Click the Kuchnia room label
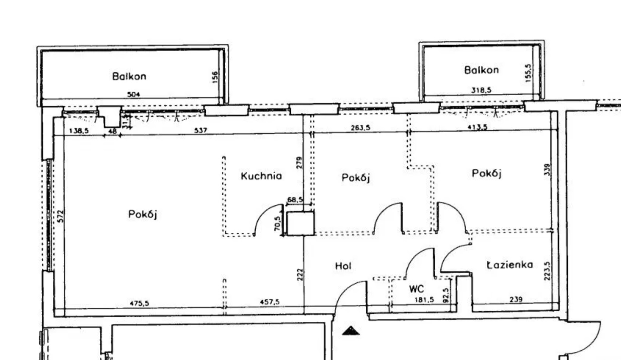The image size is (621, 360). click(261, 176)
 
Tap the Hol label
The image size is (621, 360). click(343, 266)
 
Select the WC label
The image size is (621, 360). click(416, 288)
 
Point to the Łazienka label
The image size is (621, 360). click(510, 265)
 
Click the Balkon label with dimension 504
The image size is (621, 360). click(129, 76)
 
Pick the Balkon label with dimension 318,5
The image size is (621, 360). click(481, 70)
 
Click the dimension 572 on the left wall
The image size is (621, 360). click(60, 216)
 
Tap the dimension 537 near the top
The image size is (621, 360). click(200, 130)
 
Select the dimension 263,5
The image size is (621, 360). click(360, 128)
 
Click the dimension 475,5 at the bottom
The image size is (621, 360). click(139, 303)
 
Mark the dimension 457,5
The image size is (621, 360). click(270, 302)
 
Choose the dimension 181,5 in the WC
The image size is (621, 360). click(424, 300)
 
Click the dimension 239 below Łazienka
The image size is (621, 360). click(516, 299)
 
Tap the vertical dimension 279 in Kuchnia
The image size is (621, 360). click(299, 163)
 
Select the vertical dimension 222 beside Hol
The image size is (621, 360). click(300, 274)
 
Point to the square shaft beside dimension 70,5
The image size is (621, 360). click(300, 223)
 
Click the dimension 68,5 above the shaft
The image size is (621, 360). click(295, 199)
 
